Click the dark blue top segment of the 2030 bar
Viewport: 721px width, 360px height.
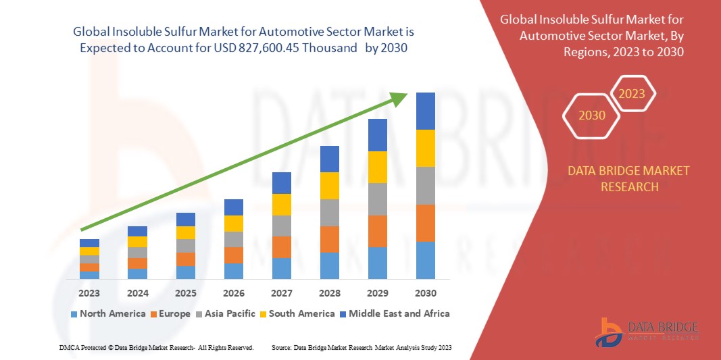pos(425,111)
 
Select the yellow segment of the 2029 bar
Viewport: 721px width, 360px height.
pos(377,167)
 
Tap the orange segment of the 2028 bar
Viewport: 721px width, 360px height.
pos(329,239)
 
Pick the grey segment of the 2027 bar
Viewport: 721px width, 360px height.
pos(281,226)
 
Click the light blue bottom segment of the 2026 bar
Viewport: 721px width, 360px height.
pos(233,271)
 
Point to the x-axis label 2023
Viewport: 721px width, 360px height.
pos(89,293)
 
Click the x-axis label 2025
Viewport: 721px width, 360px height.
pos(185,293)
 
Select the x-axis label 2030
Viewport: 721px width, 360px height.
pos(425,293)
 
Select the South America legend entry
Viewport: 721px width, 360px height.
pos(297,313)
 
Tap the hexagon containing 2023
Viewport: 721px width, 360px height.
pos(632,94)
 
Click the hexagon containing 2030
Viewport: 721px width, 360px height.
pos(592,115)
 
